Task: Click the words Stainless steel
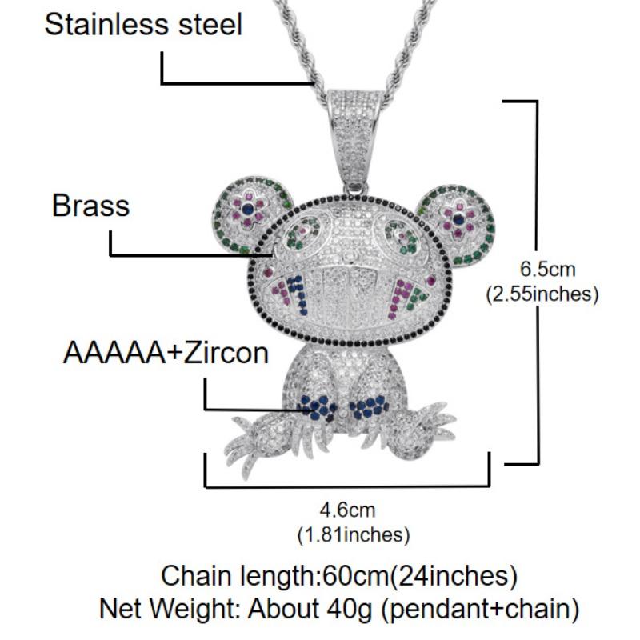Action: (143, 24)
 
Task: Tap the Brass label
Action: (90, 206)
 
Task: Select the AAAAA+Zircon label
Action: (166, 353)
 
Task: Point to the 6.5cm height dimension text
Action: (547, 269)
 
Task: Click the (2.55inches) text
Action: (542, 294)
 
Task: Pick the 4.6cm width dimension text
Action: (347, 510)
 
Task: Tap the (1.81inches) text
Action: (354, 534)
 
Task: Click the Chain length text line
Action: (339, 576)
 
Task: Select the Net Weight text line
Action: (339, 609)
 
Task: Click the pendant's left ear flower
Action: (246, 210)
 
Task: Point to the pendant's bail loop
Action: (355, 138)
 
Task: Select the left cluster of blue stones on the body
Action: (318, 407)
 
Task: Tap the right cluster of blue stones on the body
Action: (369, 406)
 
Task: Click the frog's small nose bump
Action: (348, 256)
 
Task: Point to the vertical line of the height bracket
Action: (538, 282)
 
